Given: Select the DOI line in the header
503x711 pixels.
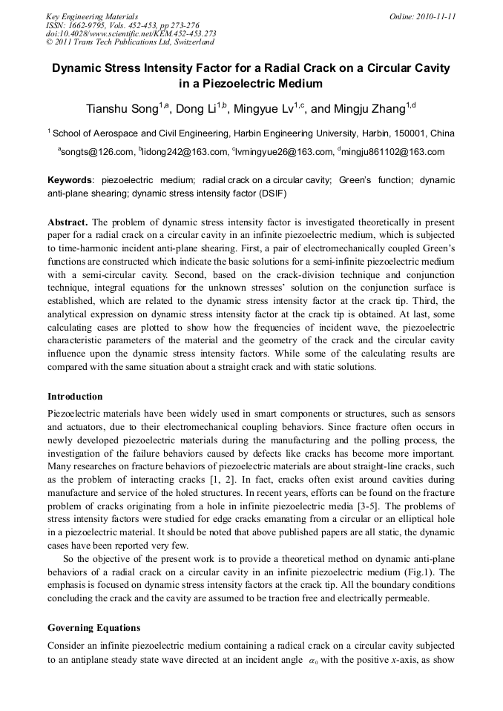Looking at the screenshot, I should [x=131, y=33].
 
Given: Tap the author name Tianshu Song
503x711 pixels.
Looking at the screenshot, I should [x=123, y=109].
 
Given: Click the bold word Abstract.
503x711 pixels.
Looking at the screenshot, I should [x=69, y=222].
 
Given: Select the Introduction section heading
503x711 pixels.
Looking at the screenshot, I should [x=75, y=397].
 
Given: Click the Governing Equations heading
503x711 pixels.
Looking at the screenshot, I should [x=93, y=628].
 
